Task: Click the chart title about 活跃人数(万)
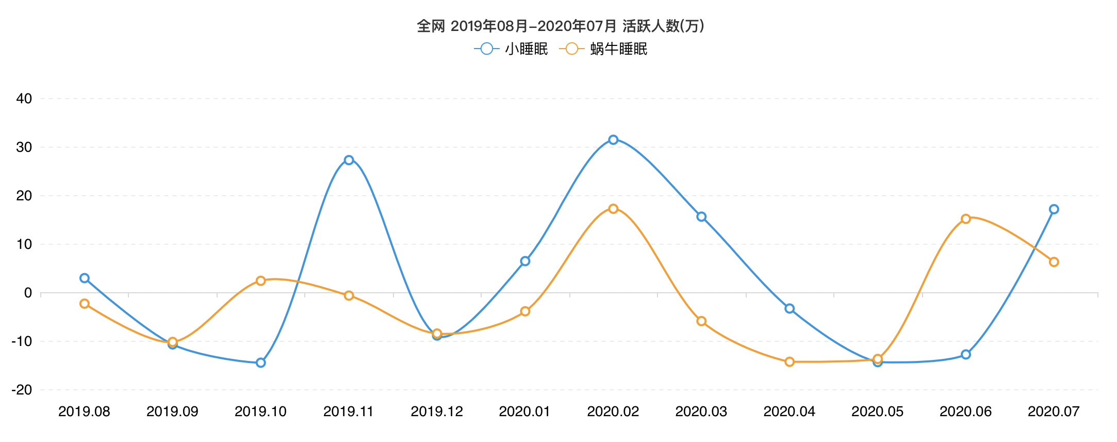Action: (560, 26)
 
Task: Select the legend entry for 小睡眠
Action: (511, 49)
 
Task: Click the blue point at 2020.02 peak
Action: (613, 140)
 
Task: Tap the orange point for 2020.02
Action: (613, 209)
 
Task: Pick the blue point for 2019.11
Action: (349, 160)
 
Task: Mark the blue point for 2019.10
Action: (260, 363)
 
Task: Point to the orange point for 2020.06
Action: (966, 219)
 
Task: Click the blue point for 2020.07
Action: (1054, 209)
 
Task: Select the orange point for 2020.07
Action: (1054, 262)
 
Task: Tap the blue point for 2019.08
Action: (85, 278)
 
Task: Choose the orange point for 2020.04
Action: (790, 362)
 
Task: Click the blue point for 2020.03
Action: (701, 217)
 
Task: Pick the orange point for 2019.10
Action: (260, 281)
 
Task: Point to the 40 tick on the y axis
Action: (24, 99)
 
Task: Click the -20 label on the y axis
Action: (22, 390)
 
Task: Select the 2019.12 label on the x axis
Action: (437, 412)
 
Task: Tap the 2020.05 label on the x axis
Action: (877, 412)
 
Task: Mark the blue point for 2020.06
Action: (966, 355)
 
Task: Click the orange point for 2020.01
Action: (525, 311)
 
